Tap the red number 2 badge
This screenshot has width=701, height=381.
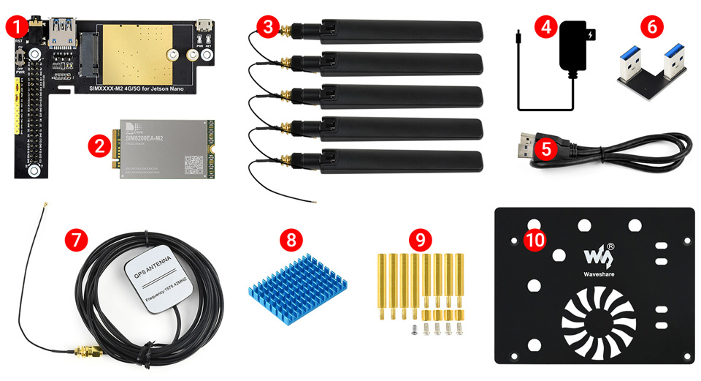pyautogui.click(x=99, y=144)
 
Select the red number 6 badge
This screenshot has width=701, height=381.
pyautogui.click(x=653, y=28)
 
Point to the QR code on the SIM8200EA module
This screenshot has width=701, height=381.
pyautogui.click(x=193, y=162)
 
